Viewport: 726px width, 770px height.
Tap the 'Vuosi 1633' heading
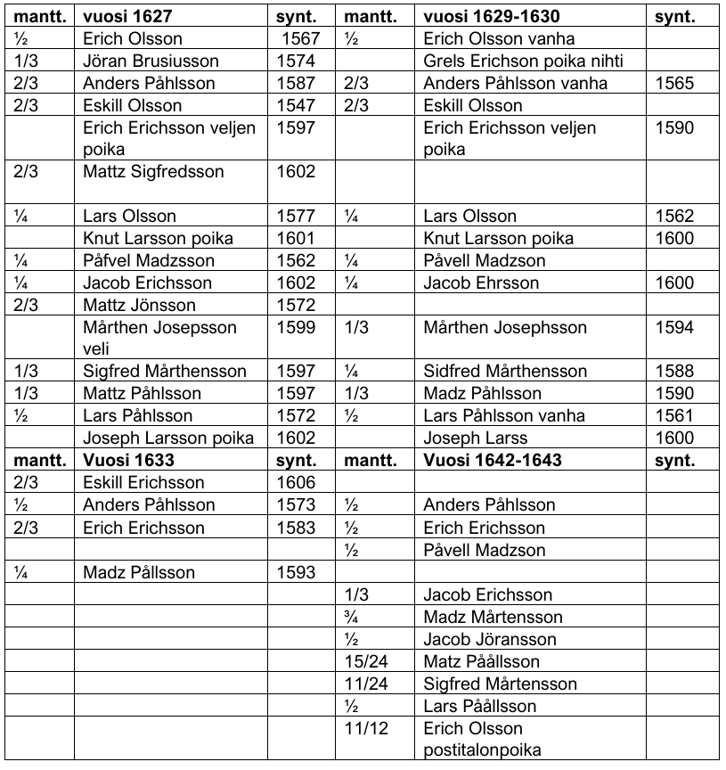click(x=120, y=460)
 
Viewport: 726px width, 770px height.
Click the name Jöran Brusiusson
click(x=151, y=61)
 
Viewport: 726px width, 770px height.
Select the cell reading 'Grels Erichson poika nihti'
click(x=522, y=61)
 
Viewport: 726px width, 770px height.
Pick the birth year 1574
click(x=297, y=61)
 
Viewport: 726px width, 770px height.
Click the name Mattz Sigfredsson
click(x=152, y=172)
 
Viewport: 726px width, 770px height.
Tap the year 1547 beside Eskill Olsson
click(x=297, y=106)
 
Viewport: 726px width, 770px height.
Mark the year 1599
click(x=297, y=328)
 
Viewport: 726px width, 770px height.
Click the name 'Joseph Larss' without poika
click(x=476, y=438)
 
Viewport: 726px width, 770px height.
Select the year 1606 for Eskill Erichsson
click(x=297, y=482)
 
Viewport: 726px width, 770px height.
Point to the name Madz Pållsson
click(x=138, y=572)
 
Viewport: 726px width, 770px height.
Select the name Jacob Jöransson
click(x=489, y=639)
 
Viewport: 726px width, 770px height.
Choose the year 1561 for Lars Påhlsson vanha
click(x=674, y=415)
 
